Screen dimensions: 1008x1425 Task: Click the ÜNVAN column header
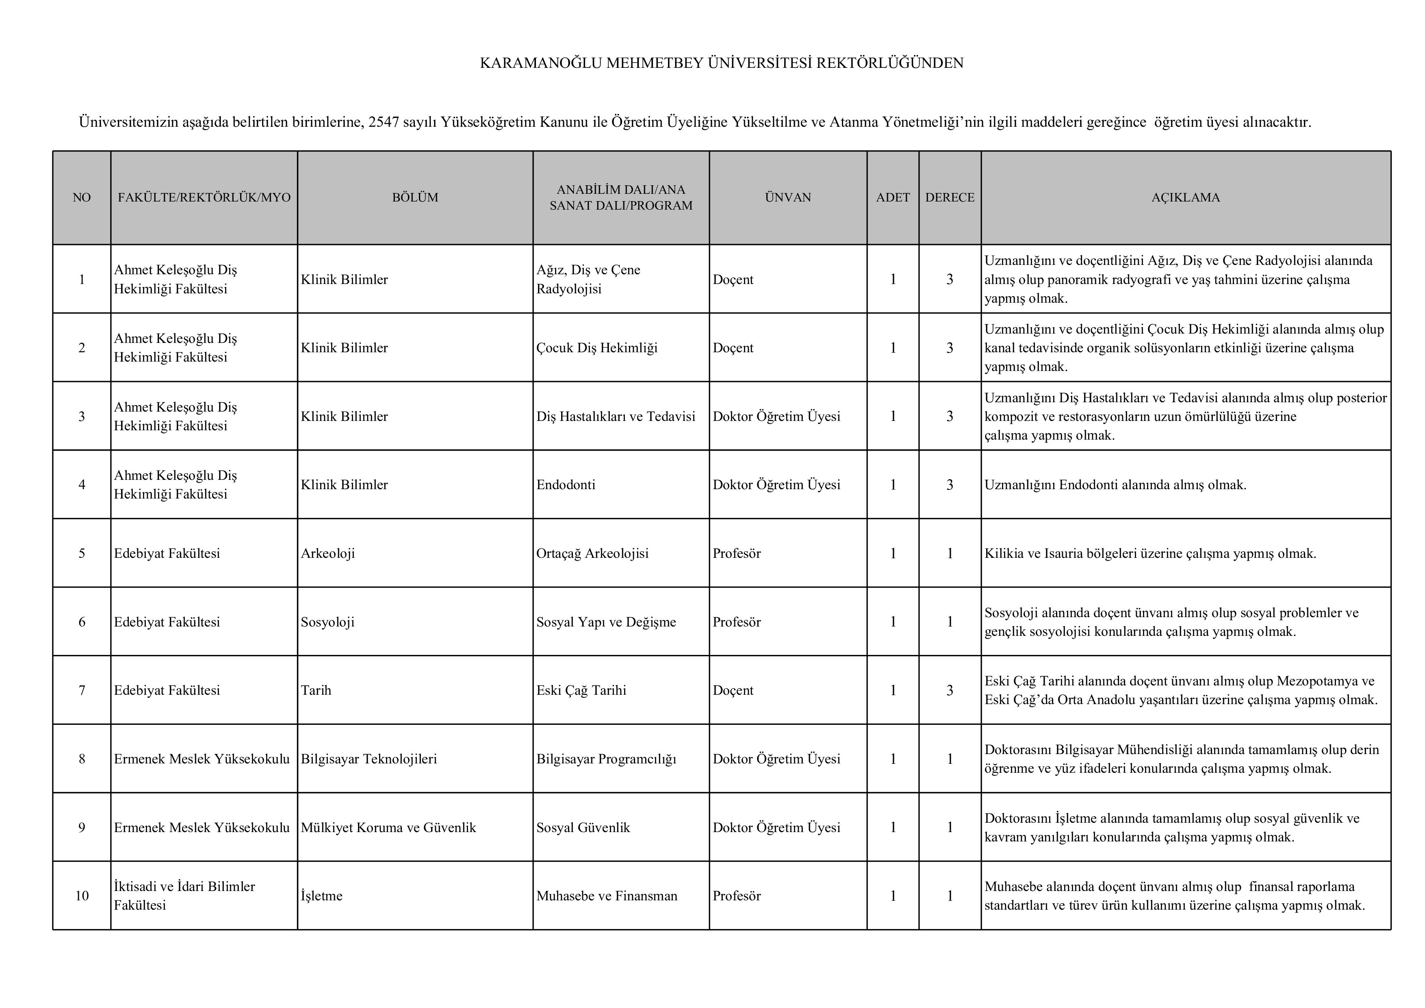coord(787,197)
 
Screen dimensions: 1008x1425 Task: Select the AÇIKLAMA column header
coord(1185,197)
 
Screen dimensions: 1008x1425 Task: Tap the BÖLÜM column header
coord(414,197)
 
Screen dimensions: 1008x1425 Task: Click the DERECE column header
coord(950,197)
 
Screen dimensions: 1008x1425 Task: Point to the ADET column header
coord(892,197)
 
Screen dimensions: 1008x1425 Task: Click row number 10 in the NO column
coord(82,895)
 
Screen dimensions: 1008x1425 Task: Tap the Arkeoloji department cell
coord(328,553)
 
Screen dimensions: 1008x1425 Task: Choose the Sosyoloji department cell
coord(328,622)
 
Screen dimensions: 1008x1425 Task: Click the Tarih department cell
coord(316,690)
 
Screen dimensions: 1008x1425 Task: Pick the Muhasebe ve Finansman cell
coord(606,895)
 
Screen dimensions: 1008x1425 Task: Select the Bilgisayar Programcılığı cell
coord(606,759)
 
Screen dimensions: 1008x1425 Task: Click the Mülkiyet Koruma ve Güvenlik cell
coord(388,827)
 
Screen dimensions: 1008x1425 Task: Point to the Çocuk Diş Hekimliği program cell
coord(596,348)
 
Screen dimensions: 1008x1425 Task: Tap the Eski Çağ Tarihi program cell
coord(581,690)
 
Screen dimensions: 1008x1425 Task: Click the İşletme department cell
coord(321,895)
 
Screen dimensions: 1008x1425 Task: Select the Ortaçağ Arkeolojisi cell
coord(592,553)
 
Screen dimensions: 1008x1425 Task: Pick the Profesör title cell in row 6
coord(736,622)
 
